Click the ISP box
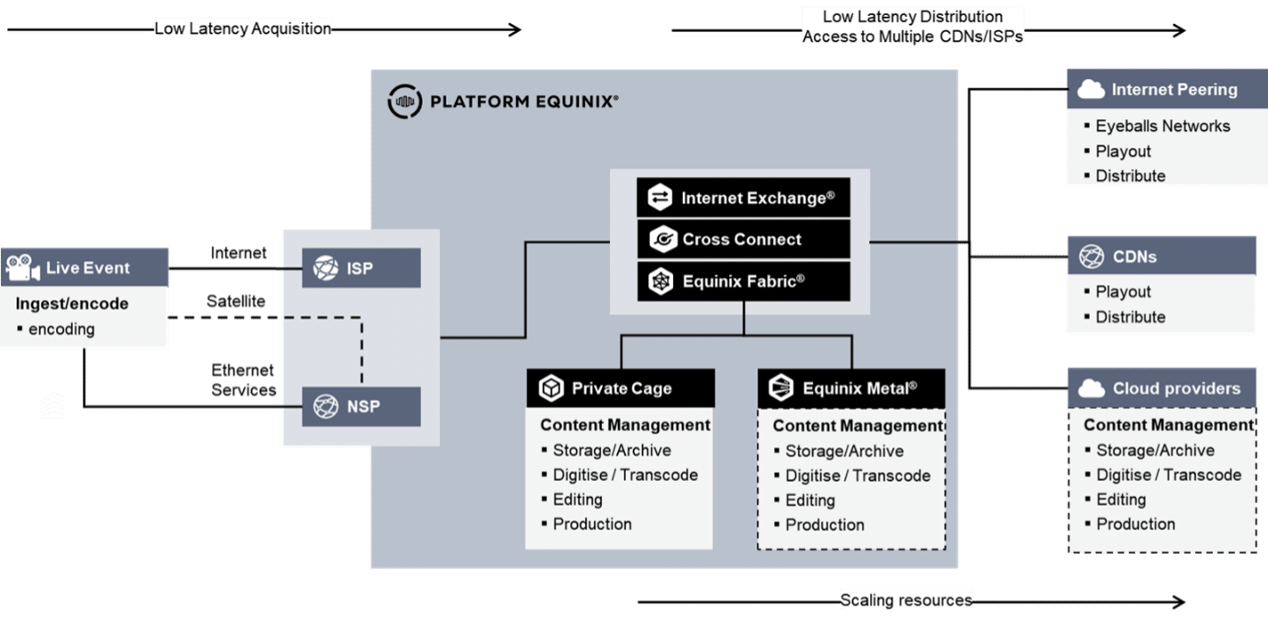(361, 268)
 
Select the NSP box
(361, 406)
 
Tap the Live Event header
(85, 267)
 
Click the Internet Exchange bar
(743, 198)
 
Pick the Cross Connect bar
(743, 239)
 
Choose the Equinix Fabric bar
(743, 281)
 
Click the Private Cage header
(620, 388)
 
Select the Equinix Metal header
(851, 388)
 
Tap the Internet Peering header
(1161, 90)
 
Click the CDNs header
(1161, 257)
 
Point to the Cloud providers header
(1161, 389)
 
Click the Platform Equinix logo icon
(404, 101)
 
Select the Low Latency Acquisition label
(242, 29)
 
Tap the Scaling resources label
(906, 601)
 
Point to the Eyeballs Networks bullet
(1162, 126)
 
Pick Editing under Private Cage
(577, 500)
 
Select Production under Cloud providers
(1135, 524)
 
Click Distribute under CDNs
(1130, 317)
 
